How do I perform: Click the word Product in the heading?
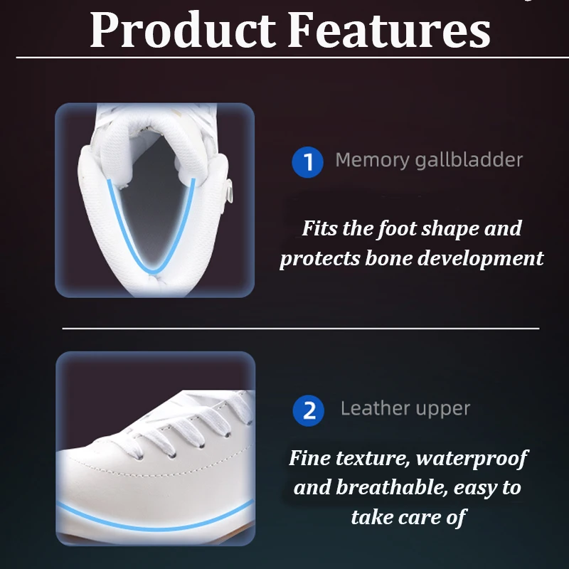(x=183, y=29)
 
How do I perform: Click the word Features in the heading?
(x=389, y=29)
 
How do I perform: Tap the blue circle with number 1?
(x=307, y=162)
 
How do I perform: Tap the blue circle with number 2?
(x=309, y=410)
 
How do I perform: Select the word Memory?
(x=372, y=161)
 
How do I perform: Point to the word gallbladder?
(x=469, y=159)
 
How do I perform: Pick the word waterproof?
(x=472, y=459)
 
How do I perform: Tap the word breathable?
(x=392, y=487)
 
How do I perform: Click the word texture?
(x=373, y=458)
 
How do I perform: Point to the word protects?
(x=320, y=259)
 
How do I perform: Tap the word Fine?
(x=309, y=457)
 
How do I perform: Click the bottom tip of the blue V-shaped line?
(x=153, y=272)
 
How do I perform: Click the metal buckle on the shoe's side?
(x=229, y=191)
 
